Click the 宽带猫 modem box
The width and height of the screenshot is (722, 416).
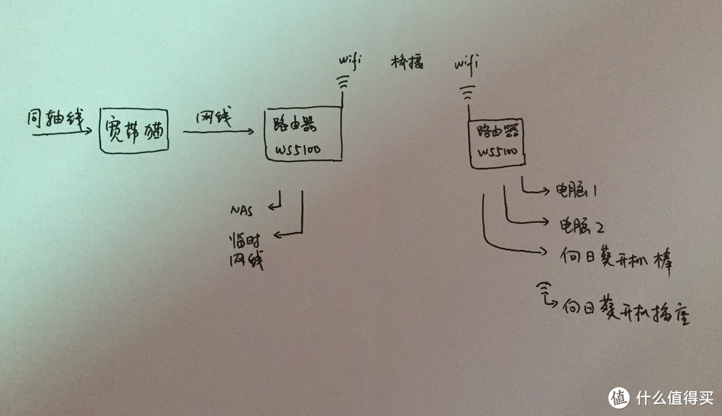134,130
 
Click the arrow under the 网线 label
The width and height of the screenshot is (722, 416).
218,132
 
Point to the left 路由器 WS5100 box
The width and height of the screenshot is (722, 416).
303,134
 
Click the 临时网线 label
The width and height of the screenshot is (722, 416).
245,251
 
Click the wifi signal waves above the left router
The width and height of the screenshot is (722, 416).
342,83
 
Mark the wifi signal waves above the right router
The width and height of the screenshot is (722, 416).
467,88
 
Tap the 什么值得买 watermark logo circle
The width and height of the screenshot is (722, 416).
619,397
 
